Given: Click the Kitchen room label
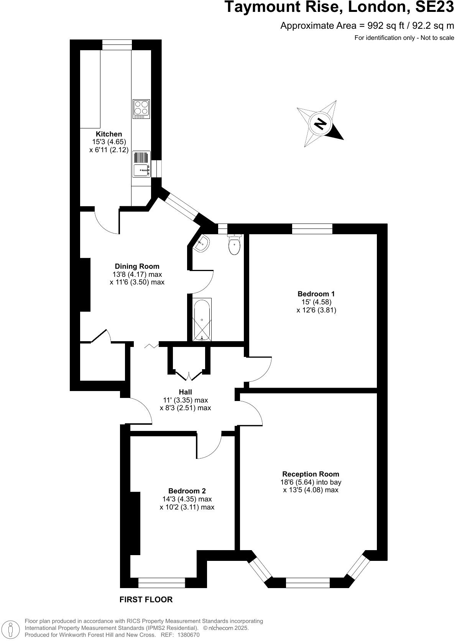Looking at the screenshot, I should pos(109,134).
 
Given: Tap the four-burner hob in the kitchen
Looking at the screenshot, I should pos(141,109).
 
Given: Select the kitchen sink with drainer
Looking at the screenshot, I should pos(141,164).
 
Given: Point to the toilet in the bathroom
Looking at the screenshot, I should pos(234,244).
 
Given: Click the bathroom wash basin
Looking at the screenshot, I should pos(202,244).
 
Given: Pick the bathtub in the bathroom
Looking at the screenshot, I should pos(202,319).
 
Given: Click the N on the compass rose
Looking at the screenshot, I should pos(320,124).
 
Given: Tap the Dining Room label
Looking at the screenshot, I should pos(137,266).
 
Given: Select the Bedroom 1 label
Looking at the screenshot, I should pos(316,294).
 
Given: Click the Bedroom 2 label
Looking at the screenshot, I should pos(187,491).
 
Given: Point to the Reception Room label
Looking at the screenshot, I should pos(311,474).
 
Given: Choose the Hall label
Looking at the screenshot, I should pos(185,392).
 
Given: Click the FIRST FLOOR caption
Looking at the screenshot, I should pos(146,599).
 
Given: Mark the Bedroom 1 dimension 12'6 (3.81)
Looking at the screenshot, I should pos(316,310).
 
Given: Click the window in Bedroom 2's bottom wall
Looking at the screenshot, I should pos(161,583).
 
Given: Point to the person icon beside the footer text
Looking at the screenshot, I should pos(11,629).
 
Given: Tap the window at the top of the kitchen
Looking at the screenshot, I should pos(117,45).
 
